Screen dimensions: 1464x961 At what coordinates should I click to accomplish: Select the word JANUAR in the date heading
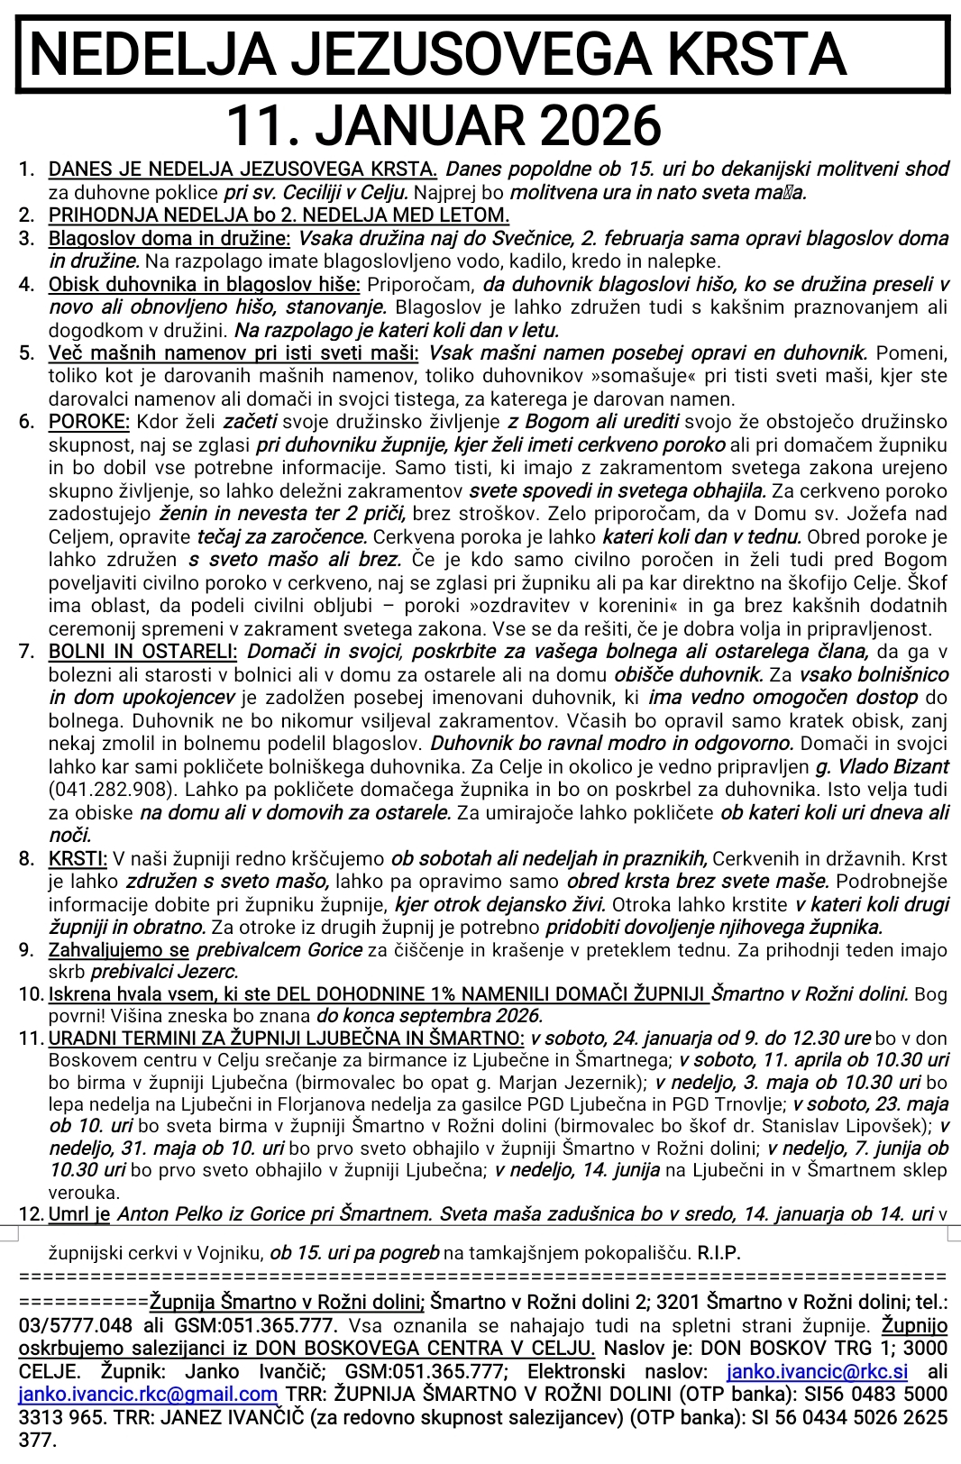click(405, 125)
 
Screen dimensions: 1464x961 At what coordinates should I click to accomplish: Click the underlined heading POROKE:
click(89, 421)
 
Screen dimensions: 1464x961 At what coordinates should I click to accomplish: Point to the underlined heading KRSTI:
click(78, 858)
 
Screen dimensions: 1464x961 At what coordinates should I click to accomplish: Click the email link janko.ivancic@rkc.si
click(817, 1372)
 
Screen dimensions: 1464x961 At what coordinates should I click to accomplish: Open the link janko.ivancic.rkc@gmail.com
click(148, 1395)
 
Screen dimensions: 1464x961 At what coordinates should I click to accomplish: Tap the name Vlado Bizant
click(893, 766)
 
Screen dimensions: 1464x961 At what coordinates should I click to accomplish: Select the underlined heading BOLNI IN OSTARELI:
click(142, 651)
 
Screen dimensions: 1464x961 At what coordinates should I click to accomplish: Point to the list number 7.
click(27, 651)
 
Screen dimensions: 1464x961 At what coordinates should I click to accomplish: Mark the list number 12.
click(31, 1213)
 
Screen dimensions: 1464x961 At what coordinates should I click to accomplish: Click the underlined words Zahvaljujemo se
click(119, 949)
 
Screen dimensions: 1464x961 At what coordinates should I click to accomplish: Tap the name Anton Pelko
click(162, 1213)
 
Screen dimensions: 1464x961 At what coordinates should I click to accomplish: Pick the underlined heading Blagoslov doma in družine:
click(169, 238)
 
